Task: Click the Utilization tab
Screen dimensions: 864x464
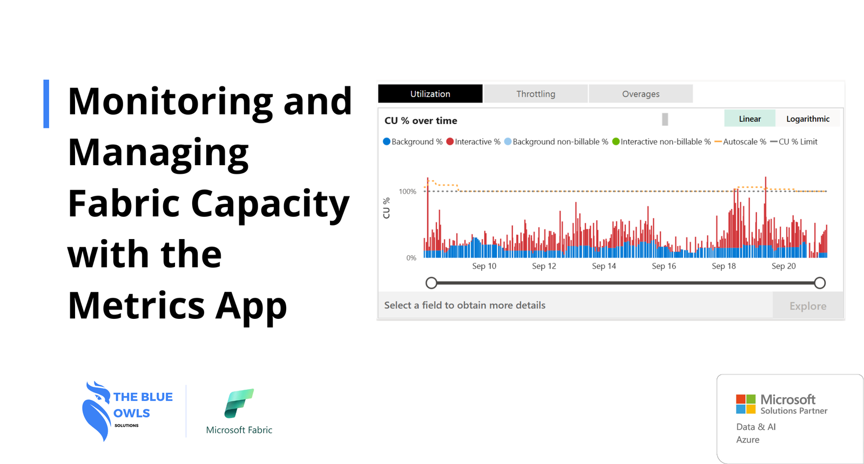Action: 430,94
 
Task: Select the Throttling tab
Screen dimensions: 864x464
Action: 536,94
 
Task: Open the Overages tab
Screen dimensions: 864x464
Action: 640,94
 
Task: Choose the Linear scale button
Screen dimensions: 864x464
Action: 750,119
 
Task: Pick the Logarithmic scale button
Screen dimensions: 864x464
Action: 808,119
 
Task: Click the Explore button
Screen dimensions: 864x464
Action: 808,305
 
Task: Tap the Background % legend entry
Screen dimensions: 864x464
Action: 413,142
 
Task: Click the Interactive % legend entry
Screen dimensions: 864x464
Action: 473,142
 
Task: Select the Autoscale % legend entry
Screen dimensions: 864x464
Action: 740,142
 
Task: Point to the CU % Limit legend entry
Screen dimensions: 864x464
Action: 794,142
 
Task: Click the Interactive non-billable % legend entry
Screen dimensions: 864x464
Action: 661,142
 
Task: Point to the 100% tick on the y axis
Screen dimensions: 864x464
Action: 408,192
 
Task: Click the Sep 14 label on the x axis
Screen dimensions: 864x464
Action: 604,266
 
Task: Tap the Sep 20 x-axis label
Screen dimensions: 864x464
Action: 784,266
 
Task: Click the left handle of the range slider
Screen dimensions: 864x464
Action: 431,283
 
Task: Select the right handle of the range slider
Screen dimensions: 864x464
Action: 820,283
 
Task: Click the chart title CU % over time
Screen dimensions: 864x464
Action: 421,121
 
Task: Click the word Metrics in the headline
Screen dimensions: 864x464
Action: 136,305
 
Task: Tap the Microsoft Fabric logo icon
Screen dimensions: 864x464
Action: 239,403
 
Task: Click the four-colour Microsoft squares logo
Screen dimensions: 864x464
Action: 746,404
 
